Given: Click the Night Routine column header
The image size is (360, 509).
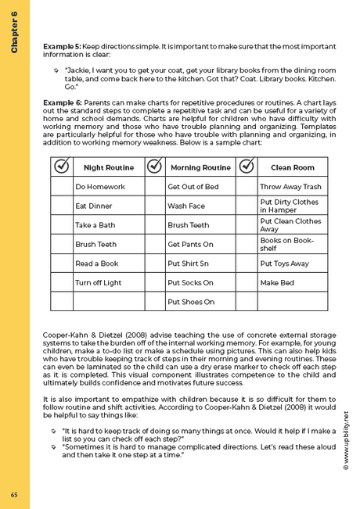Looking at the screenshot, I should pyautogui.click(x=108, y=167).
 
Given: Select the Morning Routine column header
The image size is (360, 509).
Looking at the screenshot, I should pyautogui.click(x=200, y=167).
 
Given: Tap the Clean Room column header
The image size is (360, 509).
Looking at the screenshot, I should pyautogui.click(x=292, y=167).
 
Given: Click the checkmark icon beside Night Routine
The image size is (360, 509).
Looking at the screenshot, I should pyautogui.click(x=61, y=167).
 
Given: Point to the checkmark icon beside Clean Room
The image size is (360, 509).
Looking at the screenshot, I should pyautogui.click(x=246, y=167).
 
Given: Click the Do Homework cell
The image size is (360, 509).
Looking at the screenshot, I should pyautogui.click(x=108, y=187).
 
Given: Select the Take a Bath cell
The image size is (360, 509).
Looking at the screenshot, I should pyautogui.click(x=108, y=224).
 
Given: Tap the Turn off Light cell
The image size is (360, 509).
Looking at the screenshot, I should pyautogui.click(x=108, y=282).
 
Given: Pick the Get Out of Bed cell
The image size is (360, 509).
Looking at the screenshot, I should pyautogui.click(x=200, y=187).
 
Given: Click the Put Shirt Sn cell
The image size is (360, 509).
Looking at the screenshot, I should pyautogui.click(x=200, y=263).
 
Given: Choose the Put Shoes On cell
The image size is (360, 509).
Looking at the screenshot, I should pyautogui.click(x=200, y=301).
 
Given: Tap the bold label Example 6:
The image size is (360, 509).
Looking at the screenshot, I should pyautogui.click(x=62, y=102).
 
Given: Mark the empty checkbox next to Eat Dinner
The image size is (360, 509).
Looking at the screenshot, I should pyautogui.click(x=61, y=206).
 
